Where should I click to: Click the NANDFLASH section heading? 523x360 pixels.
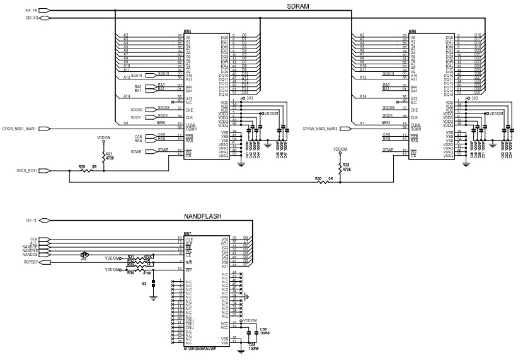pos(202,216)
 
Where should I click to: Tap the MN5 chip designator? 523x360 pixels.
pos(188,31)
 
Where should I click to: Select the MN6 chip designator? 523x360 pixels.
pos(413,31)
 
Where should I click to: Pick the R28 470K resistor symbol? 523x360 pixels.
pos(341,168)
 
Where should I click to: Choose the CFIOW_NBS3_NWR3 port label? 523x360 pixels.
pos(321,128)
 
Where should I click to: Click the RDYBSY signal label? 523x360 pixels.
pos(32,261)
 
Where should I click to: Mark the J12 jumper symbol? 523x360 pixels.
pos(84,255)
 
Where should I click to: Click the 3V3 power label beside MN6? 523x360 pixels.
pos(474,98)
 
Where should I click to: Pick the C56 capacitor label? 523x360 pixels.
pos(263,329)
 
